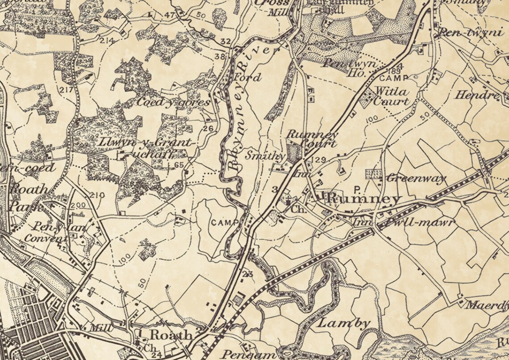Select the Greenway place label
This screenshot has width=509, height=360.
[x=416, y=179]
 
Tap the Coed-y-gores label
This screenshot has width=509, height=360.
[x=173, y=102]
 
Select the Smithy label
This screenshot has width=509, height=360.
[x=265, y=156]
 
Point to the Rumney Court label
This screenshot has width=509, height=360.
[x=312, y=138]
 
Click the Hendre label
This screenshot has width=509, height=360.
[x=477, y=95]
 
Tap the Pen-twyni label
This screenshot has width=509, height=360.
[x=465, y=33]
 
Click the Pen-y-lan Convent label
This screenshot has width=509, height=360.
[x=43, y=234]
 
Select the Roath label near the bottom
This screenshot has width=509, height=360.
[x=171, y=335]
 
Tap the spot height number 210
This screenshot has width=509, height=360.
[x=97, y=195]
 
